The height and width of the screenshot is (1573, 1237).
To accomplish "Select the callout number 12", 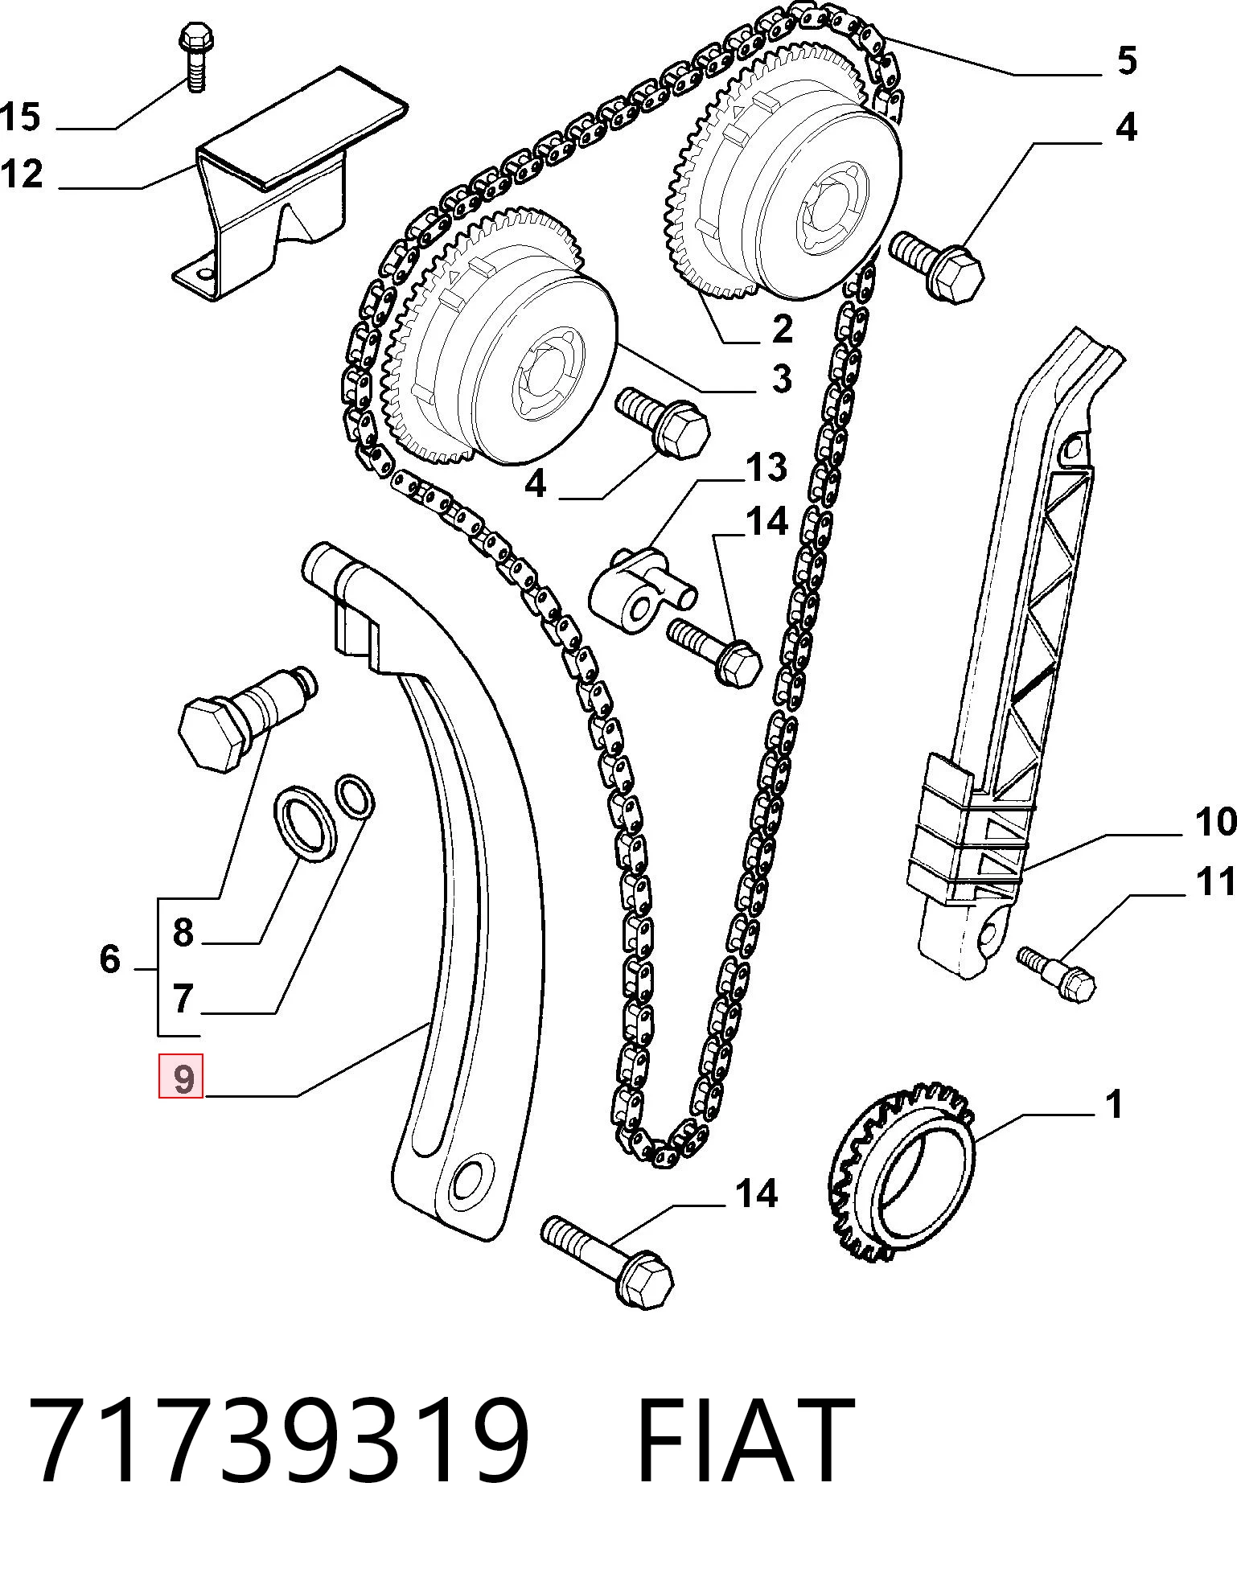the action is point(21,175).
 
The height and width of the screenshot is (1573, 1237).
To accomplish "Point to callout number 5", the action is point(1127,61).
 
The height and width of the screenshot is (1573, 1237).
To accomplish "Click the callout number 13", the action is point(766,467).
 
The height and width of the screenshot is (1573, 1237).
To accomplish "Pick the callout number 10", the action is point(1214,822).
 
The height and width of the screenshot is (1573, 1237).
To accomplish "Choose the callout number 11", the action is point(1214,882).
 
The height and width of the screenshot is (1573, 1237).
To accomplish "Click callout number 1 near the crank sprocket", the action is point(1113,1105).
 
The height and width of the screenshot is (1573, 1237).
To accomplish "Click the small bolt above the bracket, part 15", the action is point(193,59).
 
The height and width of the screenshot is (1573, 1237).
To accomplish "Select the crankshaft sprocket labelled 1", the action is point(901,1178).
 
